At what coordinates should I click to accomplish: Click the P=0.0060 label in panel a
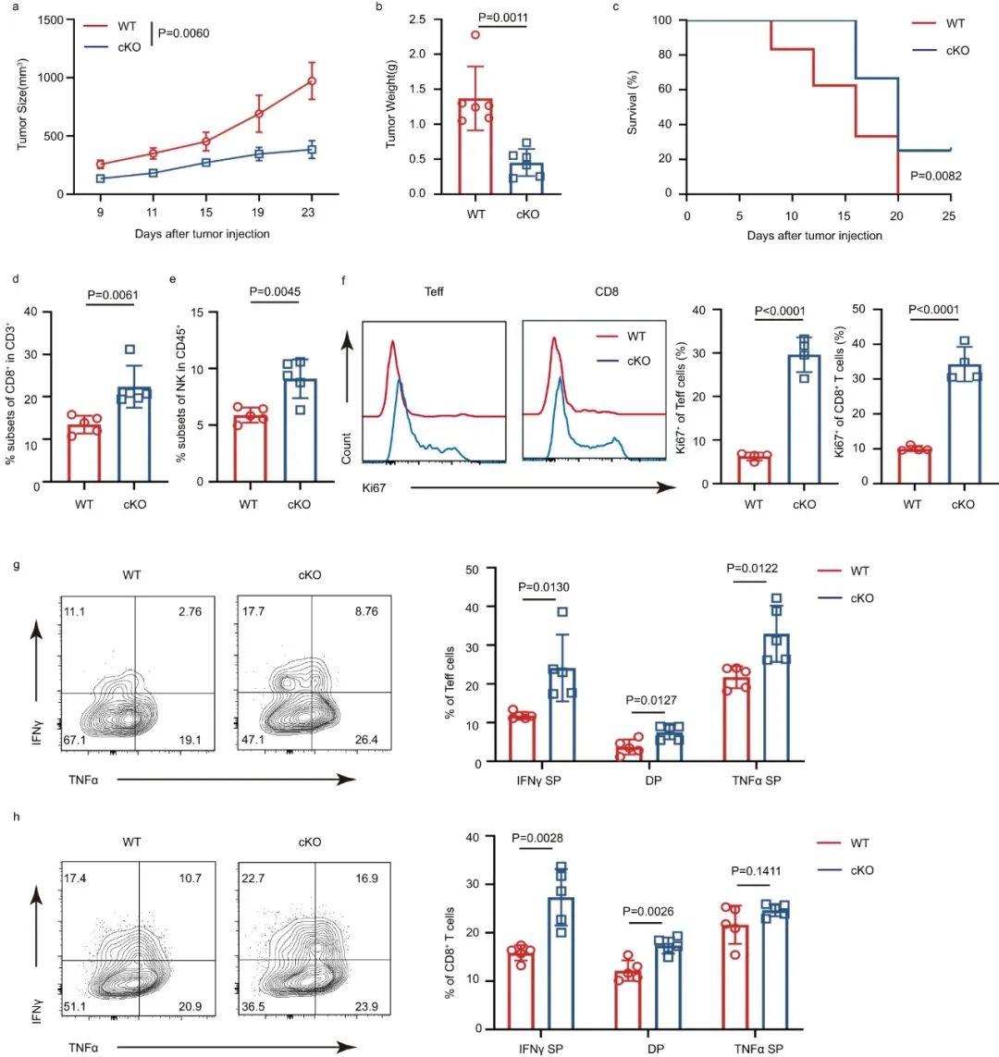pyautogui.click(x=183, y=33)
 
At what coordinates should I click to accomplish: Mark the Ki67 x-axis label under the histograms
pyautogui.click(x=373, y=485)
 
